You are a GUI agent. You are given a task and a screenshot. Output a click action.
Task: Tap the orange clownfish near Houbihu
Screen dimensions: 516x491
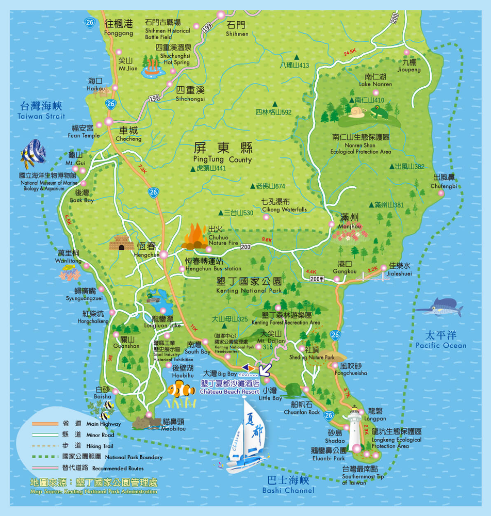181,389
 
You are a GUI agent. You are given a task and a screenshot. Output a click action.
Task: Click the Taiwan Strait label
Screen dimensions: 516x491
41,110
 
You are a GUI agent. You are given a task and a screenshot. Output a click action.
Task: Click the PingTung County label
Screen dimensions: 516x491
223,153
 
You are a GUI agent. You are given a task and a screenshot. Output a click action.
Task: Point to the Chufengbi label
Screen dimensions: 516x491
445,182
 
